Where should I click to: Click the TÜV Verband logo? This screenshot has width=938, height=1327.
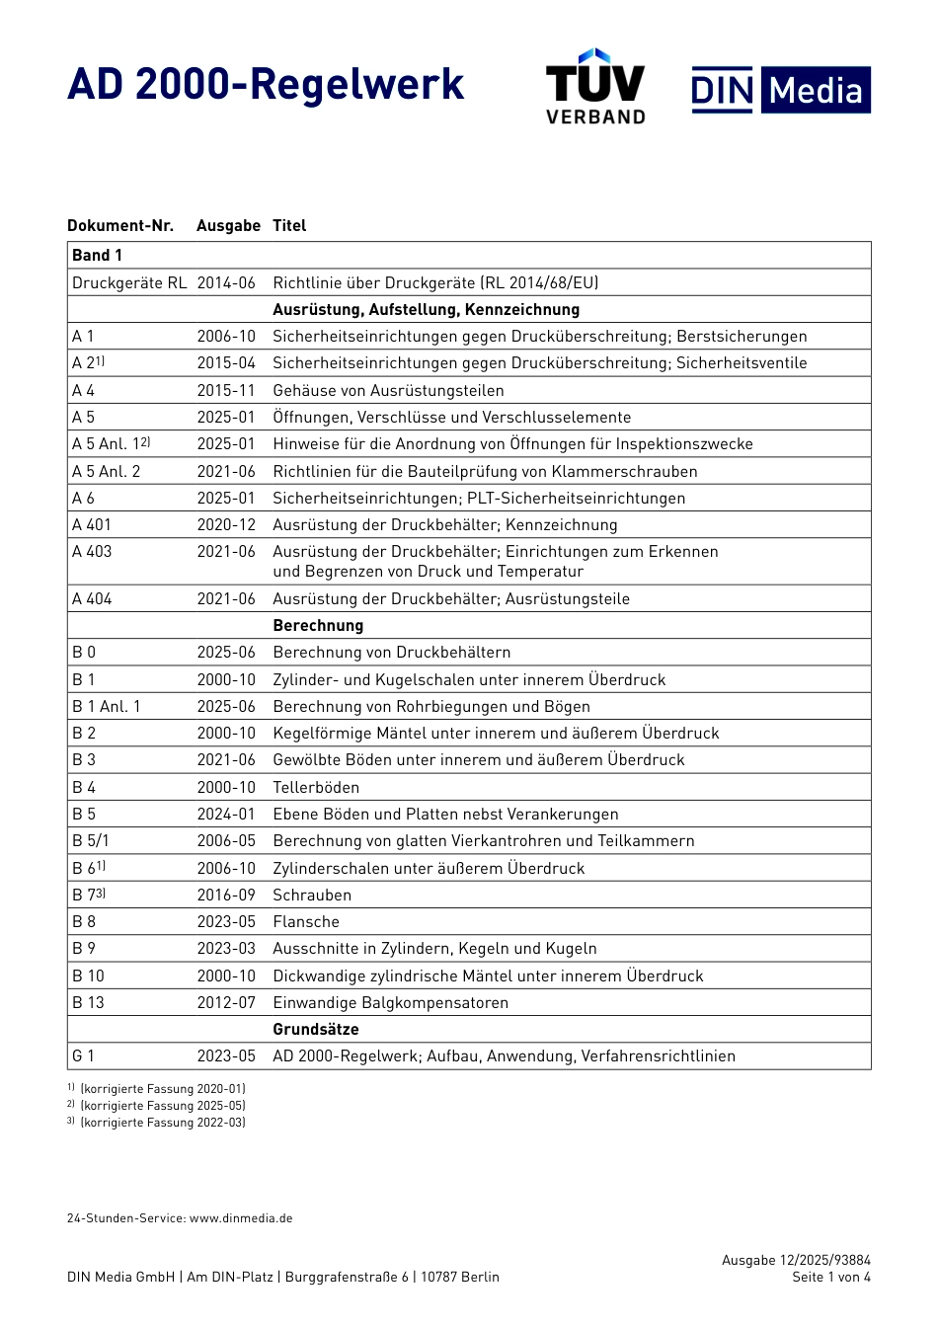(595, 87)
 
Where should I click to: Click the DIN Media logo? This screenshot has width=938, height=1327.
(781, 90)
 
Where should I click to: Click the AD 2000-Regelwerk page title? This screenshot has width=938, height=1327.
(266, 85)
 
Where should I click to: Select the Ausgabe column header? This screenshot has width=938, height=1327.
(228, 226)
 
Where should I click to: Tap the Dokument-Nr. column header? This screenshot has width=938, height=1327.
(120, 226)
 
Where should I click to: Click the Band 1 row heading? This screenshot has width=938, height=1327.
(97, 256)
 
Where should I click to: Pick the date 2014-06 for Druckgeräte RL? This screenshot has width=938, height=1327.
(226, 283)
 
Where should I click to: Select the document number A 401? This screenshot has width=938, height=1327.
(92, 525)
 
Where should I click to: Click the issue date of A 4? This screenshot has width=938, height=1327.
(226, 391)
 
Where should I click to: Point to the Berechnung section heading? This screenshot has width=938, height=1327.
(318, 626)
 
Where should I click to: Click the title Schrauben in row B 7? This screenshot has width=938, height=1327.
(312, 896)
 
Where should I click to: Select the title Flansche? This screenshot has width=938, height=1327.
(306, 922)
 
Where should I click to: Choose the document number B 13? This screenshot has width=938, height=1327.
(88, 1003)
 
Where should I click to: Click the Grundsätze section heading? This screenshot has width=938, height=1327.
(316, 1030)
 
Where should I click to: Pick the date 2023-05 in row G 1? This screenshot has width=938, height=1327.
(226, 1056)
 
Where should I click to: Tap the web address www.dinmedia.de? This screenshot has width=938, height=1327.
(241, 1218)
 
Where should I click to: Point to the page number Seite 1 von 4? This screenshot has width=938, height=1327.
(831, 1278)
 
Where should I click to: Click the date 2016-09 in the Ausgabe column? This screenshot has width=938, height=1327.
(226, 896)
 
